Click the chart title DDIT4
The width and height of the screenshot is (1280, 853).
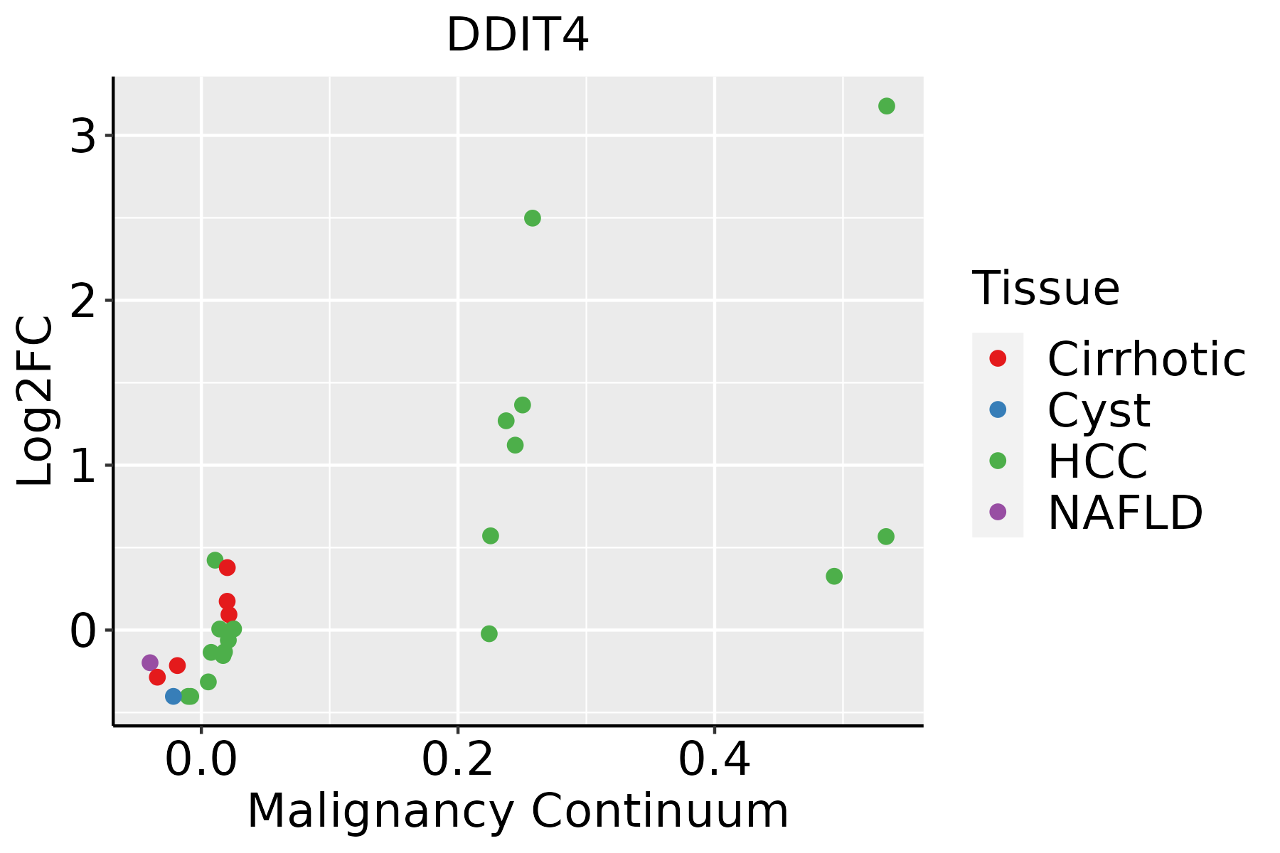(x=517, y=36)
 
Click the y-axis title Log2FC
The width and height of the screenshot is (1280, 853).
(x=36, y=402)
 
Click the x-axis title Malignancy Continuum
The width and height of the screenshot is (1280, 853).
(x=517, y=811)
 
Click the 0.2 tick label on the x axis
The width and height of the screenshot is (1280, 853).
(x=458, y=761)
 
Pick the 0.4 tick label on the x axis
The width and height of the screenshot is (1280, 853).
(x=714, y=761)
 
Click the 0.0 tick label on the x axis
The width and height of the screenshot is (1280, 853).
(x=201, y=761)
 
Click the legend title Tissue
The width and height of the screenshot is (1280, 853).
(x=1045, y=289)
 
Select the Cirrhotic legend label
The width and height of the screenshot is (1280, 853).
(x=1146, y=359)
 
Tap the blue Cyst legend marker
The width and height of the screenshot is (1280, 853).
(x=998, y=409)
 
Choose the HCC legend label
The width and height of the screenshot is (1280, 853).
(x=1097, y=461)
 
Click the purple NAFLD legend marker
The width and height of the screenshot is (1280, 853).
(x=998, y=511)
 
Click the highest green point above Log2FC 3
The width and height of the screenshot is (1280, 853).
(x=886, y=106)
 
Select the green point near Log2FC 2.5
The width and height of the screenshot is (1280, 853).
(x=532, y=218)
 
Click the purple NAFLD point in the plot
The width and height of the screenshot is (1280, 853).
(x=150, y=662)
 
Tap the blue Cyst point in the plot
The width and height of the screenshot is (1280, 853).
(x=174, y=696)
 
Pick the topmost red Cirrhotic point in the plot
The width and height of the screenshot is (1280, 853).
(x=228, y=567)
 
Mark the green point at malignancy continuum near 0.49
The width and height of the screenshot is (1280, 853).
(x=834, y=576)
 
